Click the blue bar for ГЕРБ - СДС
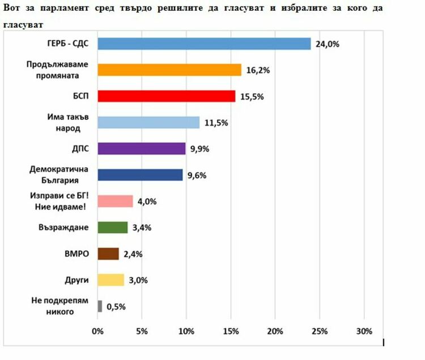coord(204,44)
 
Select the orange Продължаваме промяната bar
coord(169,70)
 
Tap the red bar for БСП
coord(167,96)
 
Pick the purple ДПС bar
coord(142,149)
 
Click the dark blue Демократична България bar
coord(141,175)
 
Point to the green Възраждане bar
coord(113,228)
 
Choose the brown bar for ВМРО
coord(108,254)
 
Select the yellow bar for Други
coord(111,280)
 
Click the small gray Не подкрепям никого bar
coord(100,306)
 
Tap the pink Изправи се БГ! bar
coord(116,202)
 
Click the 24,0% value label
coord(327,44)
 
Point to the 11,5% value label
coord(216,123)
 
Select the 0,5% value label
coord(116,307)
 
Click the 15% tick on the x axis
coord(231,331)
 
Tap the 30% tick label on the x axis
coord(364,331)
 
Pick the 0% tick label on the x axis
coord(98,331)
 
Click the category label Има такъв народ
coord(63,123)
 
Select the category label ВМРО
coord(78,254)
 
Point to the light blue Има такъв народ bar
coord(148,122)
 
